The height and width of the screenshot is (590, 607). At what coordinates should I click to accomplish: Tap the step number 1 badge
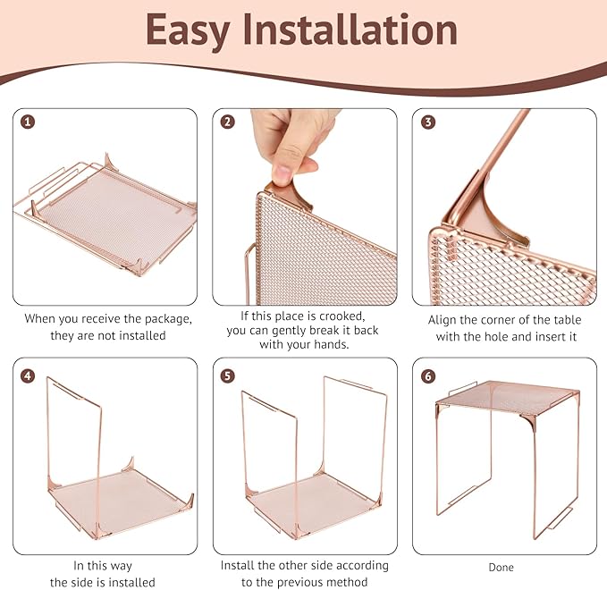[28, 122]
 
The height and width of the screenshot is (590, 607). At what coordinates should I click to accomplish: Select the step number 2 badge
[228, 122]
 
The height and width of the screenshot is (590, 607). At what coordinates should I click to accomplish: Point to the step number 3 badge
[428, 122]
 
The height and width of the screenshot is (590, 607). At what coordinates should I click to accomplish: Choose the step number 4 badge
[28, 376]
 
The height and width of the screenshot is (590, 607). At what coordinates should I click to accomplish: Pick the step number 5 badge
[228, 376]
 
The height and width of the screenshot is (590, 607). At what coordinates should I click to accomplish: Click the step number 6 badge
[428, 376]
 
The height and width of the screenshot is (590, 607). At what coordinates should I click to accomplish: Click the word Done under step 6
[502, 568]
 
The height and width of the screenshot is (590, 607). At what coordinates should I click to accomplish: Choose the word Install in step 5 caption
[238, 565]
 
